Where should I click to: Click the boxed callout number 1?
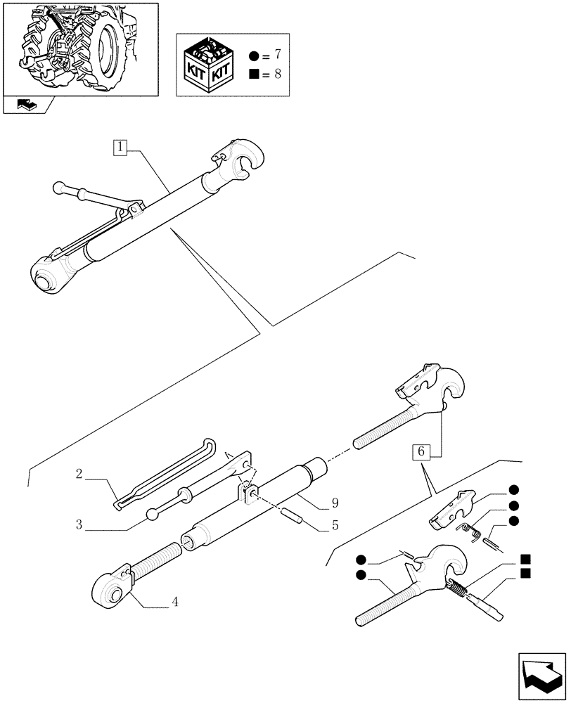[122, 148]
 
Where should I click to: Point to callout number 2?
[79, 476]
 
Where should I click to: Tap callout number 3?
[79, 524]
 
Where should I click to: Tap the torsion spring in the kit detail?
[467, 532]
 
